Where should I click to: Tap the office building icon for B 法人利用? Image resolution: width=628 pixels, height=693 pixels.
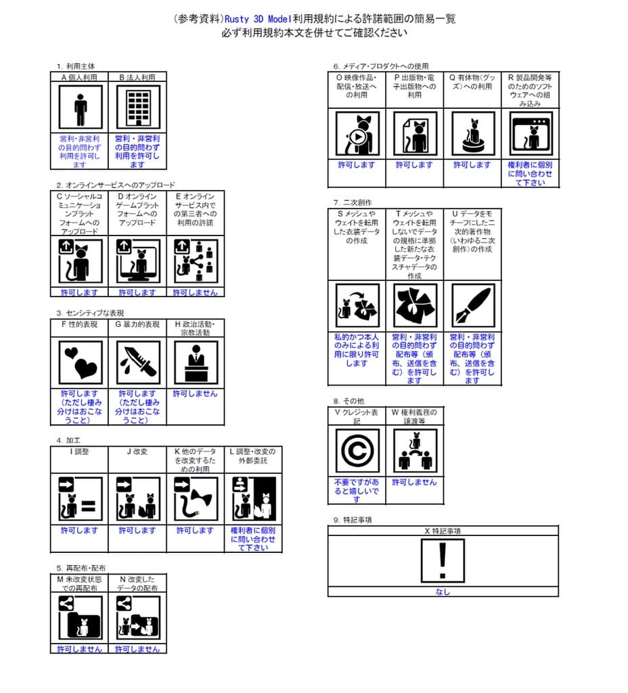(x=137, y=108)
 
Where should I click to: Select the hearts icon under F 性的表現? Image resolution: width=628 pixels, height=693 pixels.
(x=81, y=363)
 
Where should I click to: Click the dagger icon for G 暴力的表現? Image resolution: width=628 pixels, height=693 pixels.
(x=137, y=363)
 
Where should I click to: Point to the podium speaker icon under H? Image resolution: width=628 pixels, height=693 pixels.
(x=196, y=363)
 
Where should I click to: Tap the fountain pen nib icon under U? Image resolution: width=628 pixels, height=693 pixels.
(x=472, y=305)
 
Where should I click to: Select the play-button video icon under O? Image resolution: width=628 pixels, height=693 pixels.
(x=357, y=134)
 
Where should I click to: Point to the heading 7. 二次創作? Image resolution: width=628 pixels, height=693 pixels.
(x=353, y=202)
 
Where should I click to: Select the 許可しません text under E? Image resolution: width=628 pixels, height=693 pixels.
(x=196, y=292)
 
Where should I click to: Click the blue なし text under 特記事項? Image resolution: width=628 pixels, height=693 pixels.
(x=443, y=591)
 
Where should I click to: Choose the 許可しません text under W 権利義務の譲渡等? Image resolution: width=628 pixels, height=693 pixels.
(x=414, y=482)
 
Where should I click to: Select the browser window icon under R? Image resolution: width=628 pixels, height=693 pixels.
(x=530, y=134)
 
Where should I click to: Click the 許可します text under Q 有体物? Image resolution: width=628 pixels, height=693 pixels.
(x=472, y=164)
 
